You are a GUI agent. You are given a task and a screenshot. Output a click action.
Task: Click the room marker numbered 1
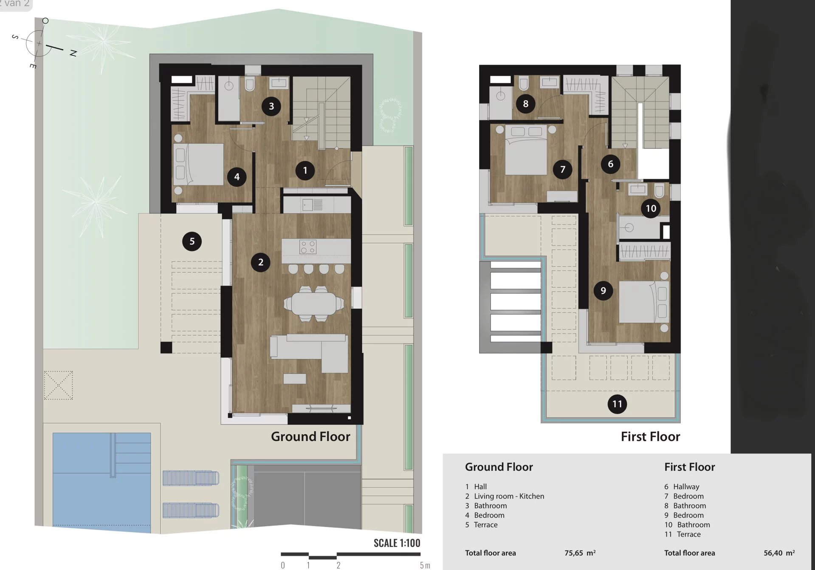tap(305, 170)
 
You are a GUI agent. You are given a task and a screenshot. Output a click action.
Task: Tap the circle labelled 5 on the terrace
tap(192, 241)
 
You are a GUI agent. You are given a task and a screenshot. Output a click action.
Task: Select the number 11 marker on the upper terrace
tap(617, 404)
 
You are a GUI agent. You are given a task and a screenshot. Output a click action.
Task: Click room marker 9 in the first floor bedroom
tap(603, 291)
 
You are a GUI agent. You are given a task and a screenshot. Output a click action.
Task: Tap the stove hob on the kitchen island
tap(307, 247)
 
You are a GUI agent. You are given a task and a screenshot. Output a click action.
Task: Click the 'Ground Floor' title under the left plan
tap(310, 437)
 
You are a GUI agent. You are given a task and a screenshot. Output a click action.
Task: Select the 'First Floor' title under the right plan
tap(650, 437)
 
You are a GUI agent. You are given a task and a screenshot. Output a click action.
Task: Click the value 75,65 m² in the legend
tap(580, 553)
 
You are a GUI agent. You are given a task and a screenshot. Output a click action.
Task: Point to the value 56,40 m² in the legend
tap(779, 553)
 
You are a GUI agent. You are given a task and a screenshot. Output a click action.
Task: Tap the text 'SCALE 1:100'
tap(397, 543)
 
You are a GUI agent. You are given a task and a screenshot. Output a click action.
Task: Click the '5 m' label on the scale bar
tap(425, 565)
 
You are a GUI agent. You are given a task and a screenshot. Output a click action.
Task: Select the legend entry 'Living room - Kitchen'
tap(509, 496)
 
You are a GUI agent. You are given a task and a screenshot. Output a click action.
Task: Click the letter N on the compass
tap(73, 54)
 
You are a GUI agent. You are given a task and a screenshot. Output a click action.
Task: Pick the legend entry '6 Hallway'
tap(682, 487)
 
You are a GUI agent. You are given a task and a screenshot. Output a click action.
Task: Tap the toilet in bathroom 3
tap(250, 85)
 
